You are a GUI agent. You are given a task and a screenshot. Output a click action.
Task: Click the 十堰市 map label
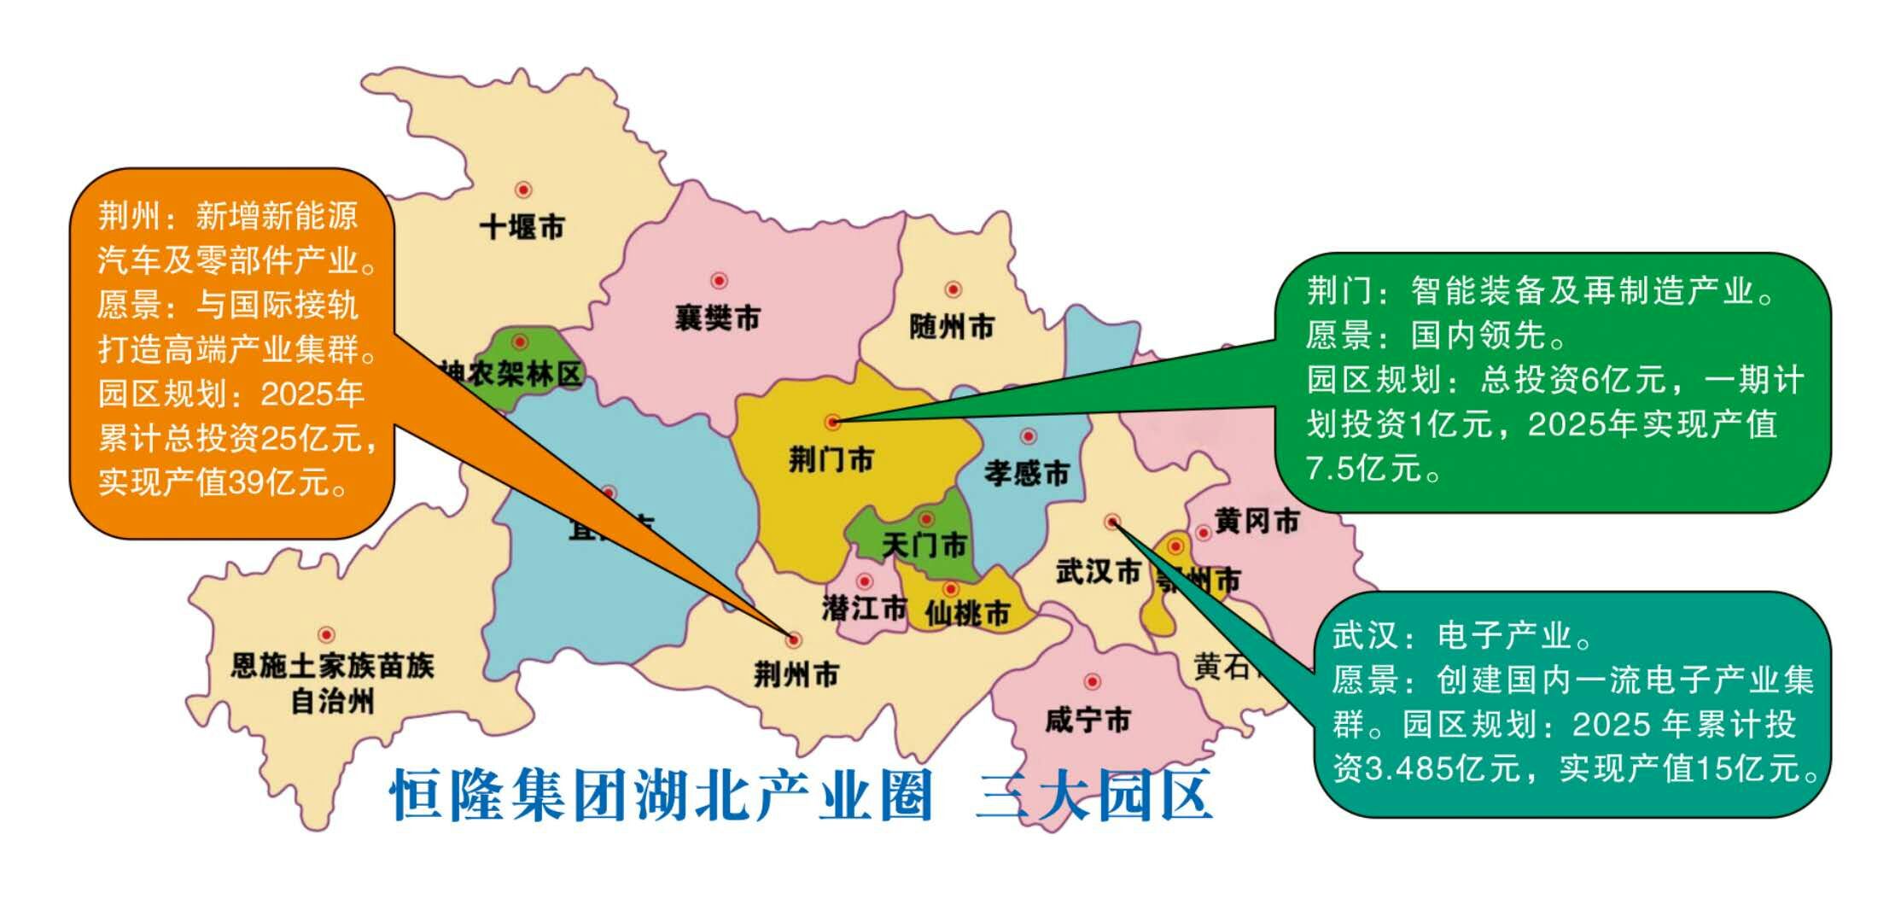tap(522, 228)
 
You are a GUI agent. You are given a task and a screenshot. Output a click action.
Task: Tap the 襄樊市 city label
tap(717, 318)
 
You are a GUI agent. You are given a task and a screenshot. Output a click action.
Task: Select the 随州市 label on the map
tap(952, 326)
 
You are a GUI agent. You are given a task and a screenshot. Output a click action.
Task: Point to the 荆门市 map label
tap(831, 460)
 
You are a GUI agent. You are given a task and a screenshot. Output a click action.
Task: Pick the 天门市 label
tap(924, 545)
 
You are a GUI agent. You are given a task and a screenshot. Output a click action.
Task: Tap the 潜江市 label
tap(864, 608)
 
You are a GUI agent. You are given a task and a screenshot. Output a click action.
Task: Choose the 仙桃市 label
tap(967, 612)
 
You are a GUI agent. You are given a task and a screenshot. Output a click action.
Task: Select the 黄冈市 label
tap(1257, 520)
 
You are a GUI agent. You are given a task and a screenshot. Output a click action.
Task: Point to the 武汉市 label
tap(1098, 571)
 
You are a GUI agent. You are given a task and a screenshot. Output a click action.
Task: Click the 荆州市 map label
tap(796, 674)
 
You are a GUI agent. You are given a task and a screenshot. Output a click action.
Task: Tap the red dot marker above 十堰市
tap(523, 190)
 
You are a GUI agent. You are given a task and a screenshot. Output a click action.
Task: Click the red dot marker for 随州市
tap(953, 289)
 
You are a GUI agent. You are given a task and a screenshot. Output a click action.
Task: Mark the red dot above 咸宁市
tap(1092, 681)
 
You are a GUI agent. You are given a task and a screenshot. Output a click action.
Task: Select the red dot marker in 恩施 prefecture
tap(325, 634)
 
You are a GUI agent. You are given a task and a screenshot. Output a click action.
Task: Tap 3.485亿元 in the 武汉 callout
tap(1443, 769)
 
